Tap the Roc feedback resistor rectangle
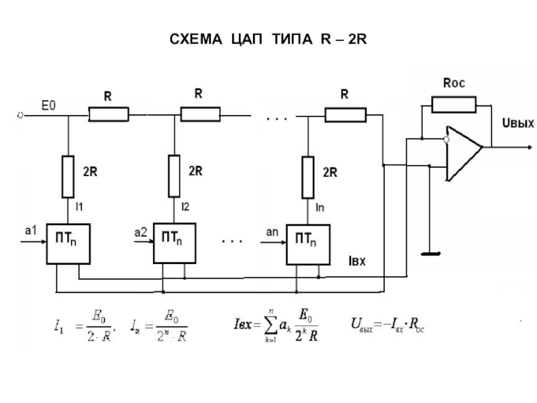[x=453, y=104]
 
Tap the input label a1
[x=30, y=230]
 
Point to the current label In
[x=320, y=208]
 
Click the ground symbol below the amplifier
[x=430, y=254]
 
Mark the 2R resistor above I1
[x=68, y=176]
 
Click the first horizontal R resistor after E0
[x=109, y=116]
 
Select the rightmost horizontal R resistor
[x=345, y=116]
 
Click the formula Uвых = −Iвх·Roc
[x=388, y=327]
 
